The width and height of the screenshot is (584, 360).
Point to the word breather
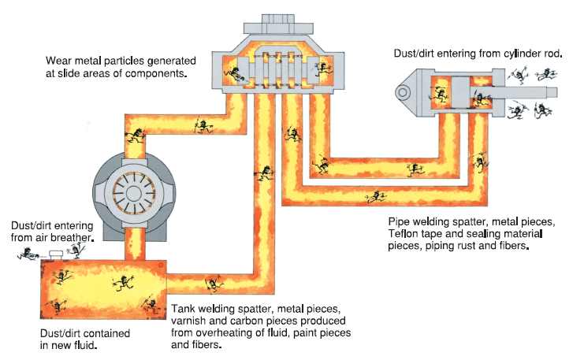74,237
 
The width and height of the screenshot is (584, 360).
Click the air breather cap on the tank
55,254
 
